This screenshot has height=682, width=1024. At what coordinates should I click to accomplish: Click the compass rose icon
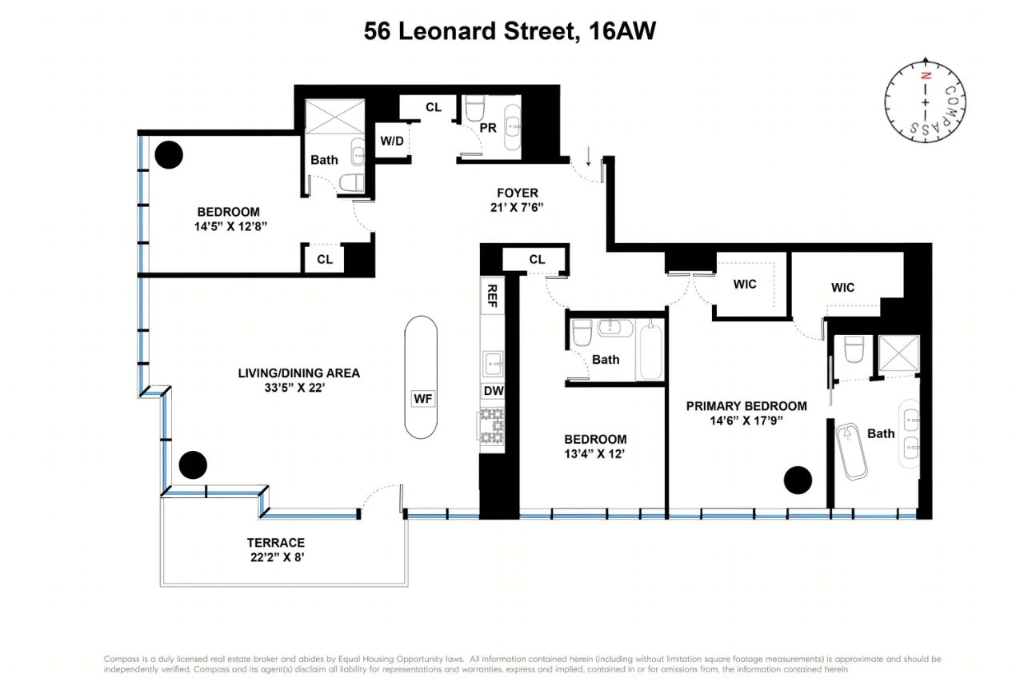coord(925,102)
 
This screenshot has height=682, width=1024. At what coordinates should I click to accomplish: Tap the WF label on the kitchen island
coord(423,399)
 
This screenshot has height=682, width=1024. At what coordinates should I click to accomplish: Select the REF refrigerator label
coord(492,296)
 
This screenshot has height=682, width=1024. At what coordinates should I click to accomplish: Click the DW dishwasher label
coord(494,390)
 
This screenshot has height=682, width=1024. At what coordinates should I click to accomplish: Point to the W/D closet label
coord(392,141)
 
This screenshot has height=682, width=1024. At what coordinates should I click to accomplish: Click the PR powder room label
coord(488,128)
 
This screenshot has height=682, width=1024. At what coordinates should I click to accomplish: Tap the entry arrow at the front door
coord(588,156)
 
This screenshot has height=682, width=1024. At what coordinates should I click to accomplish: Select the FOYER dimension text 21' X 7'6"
coord(517,207)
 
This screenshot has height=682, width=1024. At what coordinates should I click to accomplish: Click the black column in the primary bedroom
coord(798,480)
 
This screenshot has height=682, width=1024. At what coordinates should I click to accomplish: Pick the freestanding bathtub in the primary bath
coord(852,451)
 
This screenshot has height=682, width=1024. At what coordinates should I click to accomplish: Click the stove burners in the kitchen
coord(491,426)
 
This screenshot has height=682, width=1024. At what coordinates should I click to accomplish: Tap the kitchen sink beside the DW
coord(493,364)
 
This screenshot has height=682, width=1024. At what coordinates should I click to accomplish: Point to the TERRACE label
coord(276,543)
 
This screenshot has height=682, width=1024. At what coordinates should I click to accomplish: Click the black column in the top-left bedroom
coord(169,155)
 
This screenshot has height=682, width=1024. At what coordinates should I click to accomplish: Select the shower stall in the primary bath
coord(898,353)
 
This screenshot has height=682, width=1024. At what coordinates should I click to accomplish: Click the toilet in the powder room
coord(474,108)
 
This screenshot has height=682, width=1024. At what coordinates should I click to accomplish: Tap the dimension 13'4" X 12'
coord(594,454)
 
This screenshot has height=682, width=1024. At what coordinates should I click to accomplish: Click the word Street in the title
coord(542,31)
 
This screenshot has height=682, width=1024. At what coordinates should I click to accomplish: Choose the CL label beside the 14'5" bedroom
coord(325,260)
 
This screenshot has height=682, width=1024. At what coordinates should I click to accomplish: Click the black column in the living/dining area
coord(193,465)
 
